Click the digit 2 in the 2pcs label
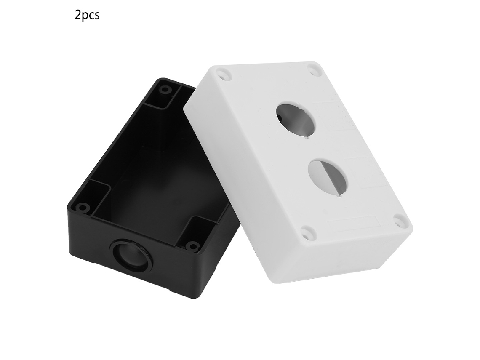[78, 15]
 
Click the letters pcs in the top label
[91, 16]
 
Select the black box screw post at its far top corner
[166, 90]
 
